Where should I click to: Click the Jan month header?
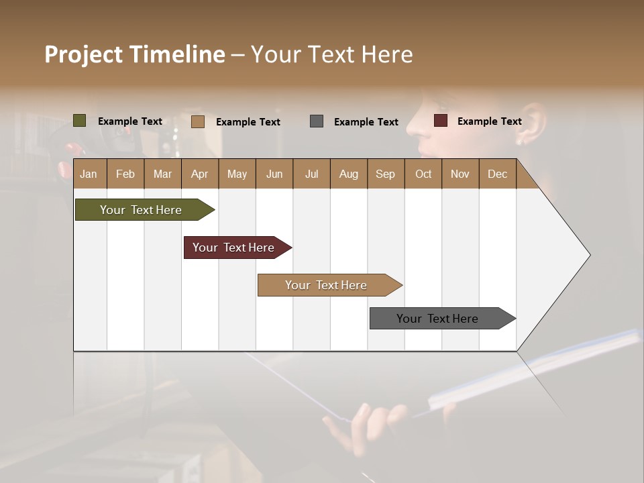tap(89, 174)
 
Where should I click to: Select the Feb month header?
tap(125, 174)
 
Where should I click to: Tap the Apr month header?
tap(199, 174)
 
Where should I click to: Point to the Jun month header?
tap(274, 174)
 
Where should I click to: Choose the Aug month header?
tap(348, 174)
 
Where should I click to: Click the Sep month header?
tap(385, 174)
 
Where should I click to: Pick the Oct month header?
tap(423, 174)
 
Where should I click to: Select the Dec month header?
tap(497, 174)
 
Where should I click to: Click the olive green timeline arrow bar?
tap(142, 210)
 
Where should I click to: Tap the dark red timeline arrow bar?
tap(234, 248)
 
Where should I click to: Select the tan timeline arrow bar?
tap(327, 285)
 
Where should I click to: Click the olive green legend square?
tap(80, 121)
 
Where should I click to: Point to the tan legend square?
tap(198, 121)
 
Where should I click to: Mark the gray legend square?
tap(317, 121)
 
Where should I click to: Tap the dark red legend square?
tap(441, 121)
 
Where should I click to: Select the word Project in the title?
tap(83, 54)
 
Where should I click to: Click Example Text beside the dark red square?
tap(489, 121)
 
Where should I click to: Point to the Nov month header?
tap(460, 174)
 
